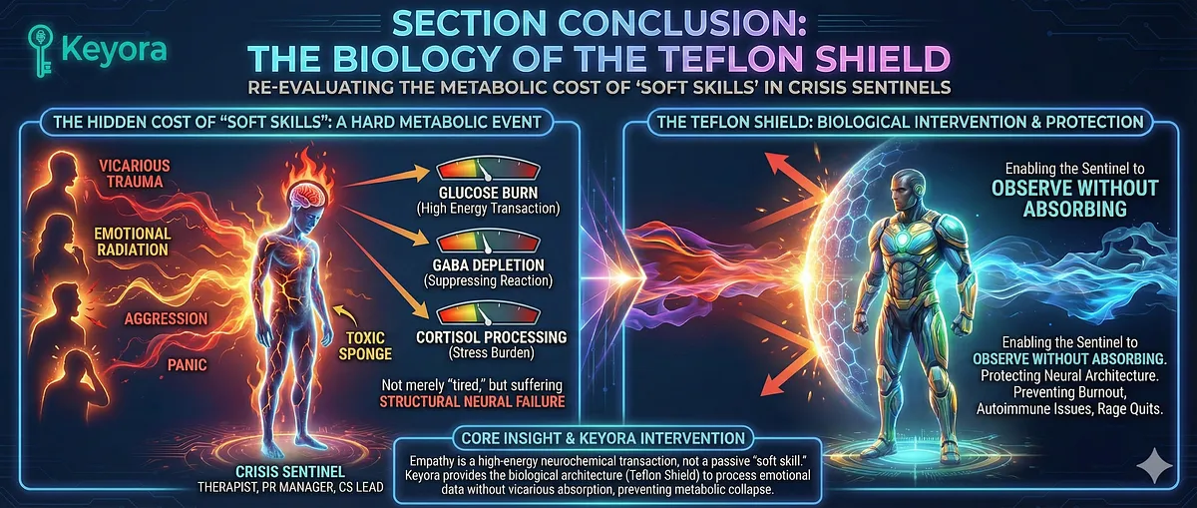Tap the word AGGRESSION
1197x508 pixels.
tap(166, 318)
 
